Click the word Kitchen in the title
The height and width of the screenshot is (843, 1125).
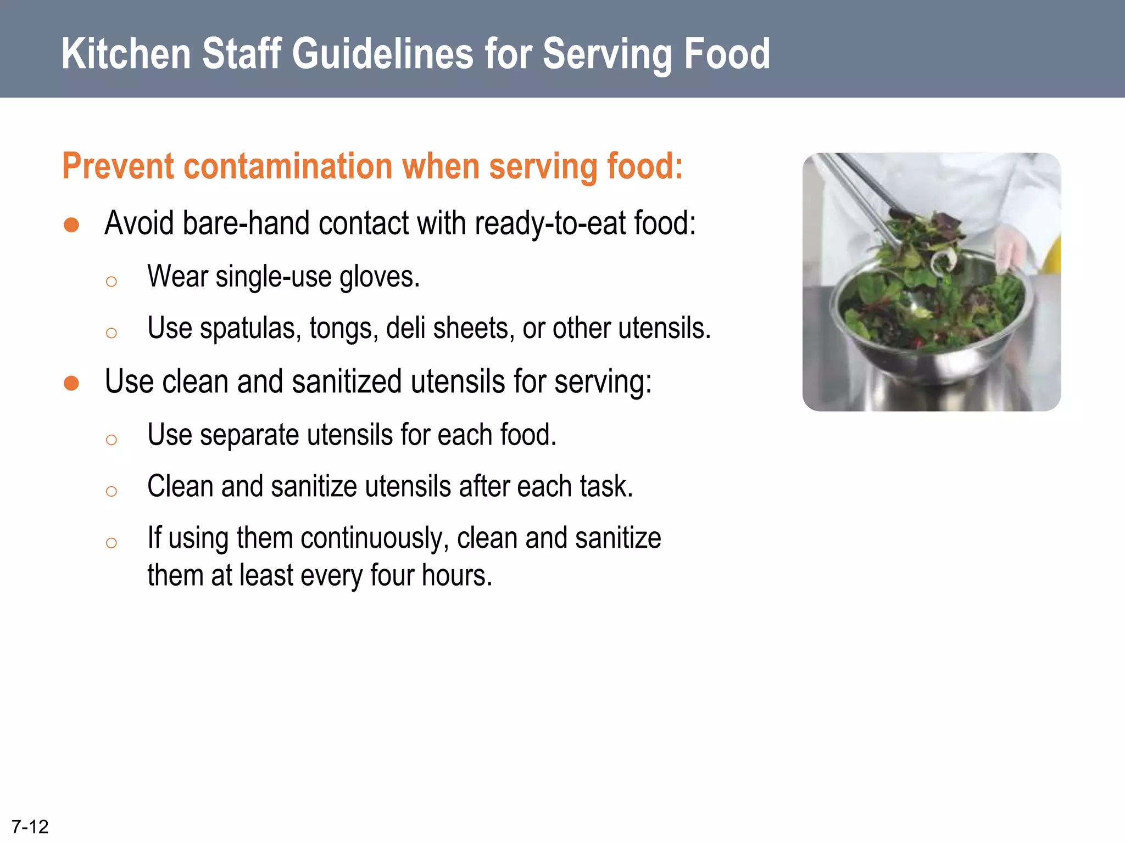tap(126, 54)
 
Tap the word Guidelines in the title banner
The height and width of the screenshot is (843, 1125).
tap(382, 54)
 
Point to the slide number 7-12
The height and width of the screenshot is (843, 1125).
tap(30, 826)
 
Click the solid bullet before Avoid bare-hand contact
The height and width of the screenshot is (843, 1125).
tap(71, 225)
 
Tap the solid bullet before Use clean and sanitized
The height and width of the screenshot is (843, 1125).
tap(71, 383)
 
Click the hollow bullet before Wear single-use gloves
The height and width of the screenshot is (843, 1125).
tap(112, 282)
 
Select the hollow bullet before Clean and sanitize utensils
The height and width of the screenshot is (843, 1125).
tap(112, 491)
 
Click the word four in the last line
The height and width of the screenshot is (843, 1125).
tap(392, 575)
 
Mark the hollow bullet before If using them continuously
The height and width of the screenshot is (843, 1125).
tap(112, 543)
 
